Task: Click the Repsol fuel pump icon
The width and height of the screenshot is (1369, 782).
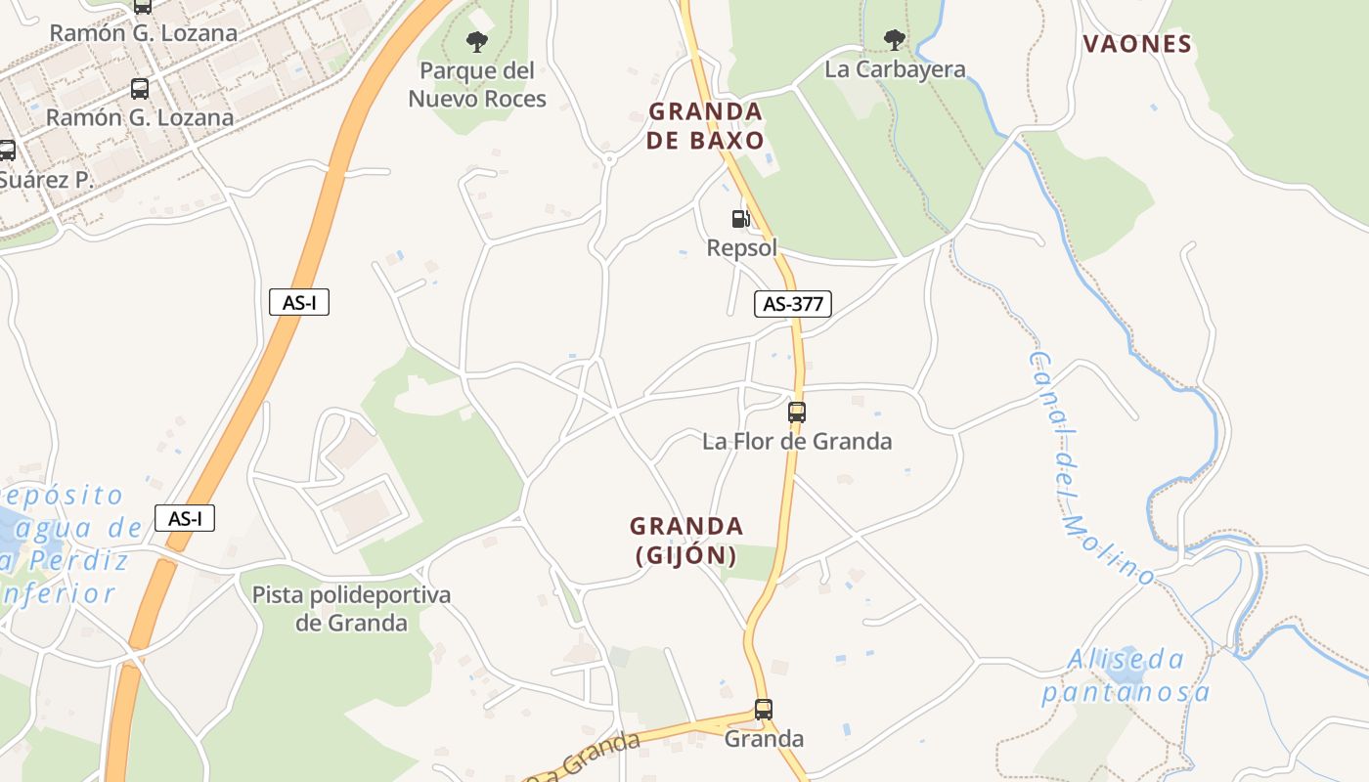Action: click(x=741, y=219)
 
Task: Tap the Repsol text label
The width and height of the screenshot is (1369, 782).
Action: click(x=741, y=247)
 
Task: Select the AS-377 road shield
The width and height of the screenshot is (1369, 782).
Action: click(x=792, y=304)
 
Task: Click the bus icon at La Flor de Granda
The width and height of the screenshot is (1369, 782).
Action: click(x=797, y=412)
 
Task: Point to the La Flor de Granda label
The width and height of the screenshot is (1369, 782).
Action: click(x=797, y=441)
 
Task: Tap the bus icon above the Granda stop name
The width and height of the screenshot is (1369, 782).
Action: click(x=764, y=709)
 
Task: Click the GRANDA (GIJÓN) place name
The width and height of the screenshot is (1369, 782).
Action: click(x=686, y=541)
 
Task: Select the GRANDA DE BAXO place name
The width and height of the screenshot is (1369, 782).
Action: click(x=705, y=125)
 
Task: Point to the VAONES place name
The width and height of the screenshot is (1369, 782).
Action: click(x=1137, y=44)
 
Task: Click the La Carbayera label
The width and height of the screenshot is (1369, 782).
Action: click(x=895, y=69)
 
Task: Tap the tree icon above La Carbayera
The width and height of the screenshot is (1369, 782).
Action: click(x=894, y=40)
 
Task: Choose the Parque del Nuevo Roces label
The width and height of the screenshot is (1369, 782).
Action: click(x=477, y=84)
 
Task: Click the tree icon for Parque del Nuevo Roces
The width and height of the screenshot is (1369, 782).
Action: click(x=477, y=41)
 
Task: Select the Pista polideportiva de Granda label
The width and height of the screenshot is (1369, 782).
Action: click(x=351, y=608)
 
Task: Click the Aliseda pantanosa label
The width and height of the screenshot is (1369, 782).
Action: click(x=1126, y=676)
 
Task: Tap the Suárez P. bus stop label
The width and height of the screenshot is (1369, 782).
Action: click(x=45, y=180)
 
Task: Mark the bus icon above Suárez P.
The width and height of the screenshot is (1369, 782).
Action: click(x=7, y=150)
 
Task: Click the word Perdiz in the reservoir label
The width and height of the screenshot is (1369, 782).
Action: click(x=78, y=561)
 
